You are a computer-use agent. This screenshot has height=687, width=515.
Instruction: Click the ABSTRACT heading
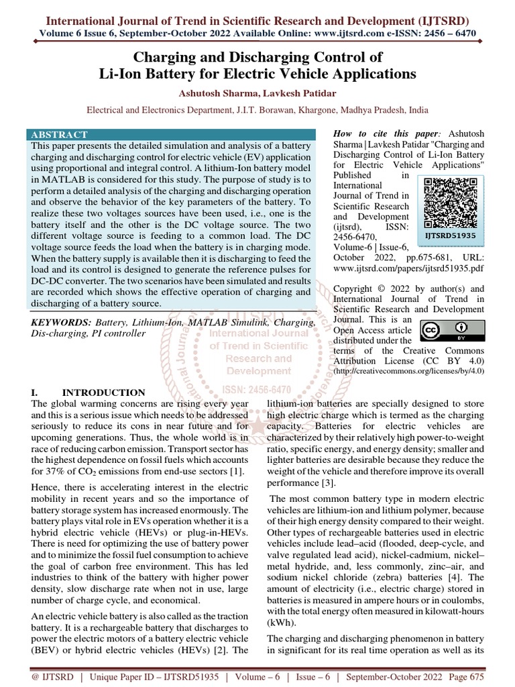click(x=59, y=134)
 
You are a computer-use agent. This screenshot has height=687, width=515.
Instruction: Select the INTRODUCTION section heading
click(x=103, y=392)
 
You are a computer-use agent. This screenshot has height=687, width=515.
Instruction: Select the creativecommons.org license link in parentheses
click(x=408, y=371)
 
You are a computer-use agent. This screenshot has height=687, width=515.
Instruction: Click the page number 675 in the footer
click(x=475, y=678)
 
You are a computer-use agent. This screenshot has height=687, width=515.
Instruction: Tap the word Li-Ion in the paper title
click(x=121, y=73)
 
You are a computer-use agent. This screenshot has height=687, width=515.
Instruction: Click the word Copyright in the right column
click(x=357, y=288)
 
